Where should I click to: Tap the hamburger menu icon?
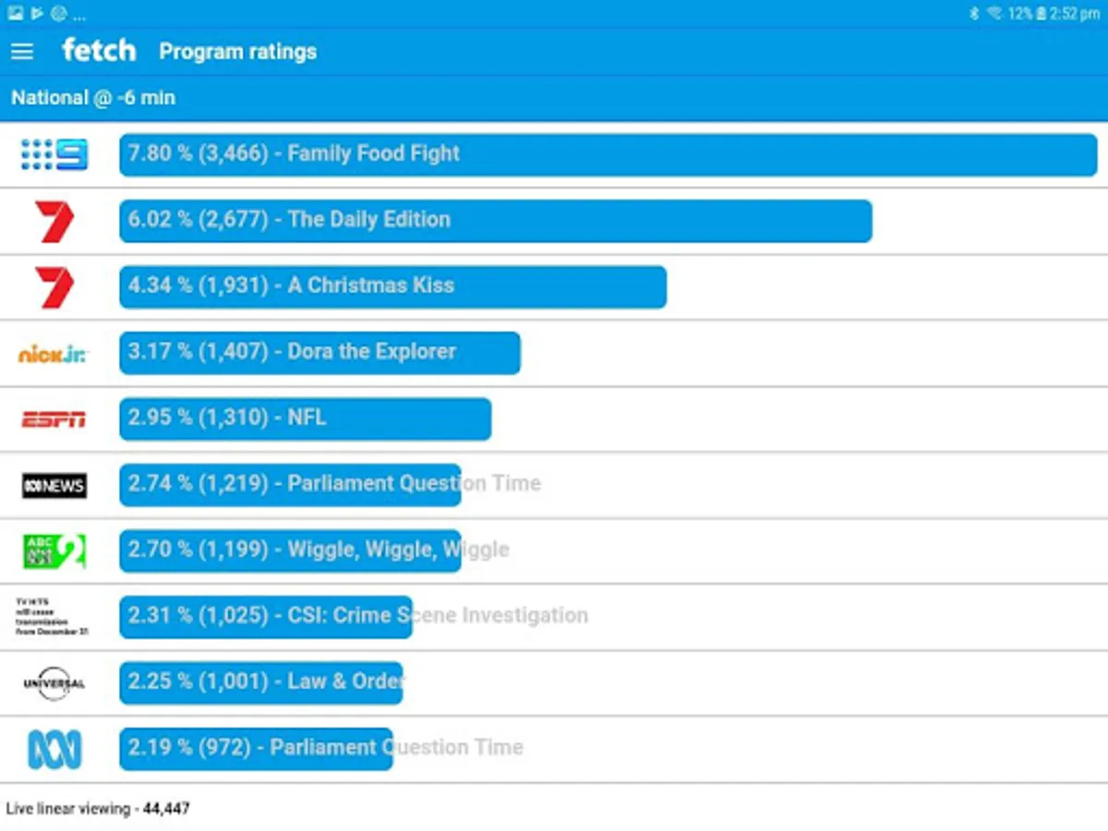click(22, 52)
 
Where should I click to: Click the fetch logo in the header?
click(99, 50)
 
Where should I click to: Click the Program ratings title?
click(237, 52)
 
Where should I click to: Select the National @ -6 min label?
click(93, 98)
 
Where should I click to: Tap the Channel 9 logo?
click(54, 154)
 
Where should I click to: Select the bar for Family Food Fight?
click(608, 154)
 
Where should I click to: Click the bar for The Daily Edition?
click(495, 221)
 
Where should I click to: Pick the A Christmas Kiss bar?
click(392, 286)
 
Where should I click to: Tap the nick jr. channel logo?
click(54, 353)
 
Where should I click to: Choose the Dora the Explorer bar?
click(319, 353)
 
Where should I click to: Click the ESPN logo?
click(54, 419)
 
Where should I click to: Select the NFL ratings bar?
click(305, 419)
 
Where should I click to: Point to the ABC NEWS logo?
click(54, 485)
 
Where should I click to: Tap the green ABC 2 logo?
click(54, 551)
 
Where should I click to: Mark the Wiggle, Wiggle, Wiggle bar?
click(290, 551)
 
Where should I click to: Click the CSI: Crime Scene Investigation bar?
click(266, 617)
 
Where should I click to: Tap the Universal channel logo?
click(54, 683)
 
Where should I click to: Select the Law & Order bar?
click(261, 682)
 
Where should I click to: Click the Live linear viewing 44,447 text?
click(98, 809)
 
